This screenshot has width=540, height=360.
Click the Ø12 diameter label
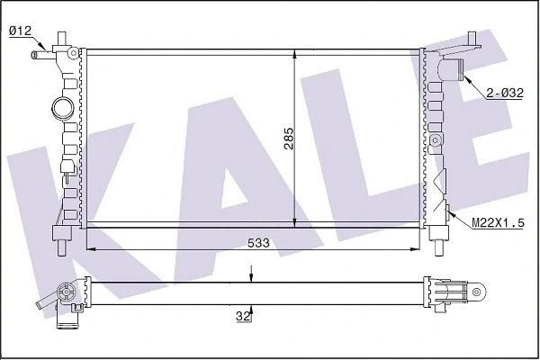click(x=20, y=31)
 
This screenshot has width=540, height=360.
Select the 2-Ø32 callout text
click(x=505, y=93)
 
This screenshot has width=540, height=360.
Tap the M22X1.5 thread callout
click(x=498, y=223)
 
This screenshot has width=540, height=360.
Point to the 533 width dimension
click(x=258, y=243)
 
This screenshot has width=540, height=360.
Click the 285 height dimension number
click(x=289, y=139)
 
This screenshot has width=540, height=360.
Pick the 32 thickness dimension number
click(x=243, y=316)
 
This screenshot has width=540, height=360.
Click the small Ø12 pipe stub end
click(x=34, y=54)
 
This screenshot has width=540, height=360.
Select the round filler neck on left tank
click(x=63, y=108)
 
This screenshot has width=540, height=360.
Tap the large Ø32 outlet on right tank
click(x=452, y=69)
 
